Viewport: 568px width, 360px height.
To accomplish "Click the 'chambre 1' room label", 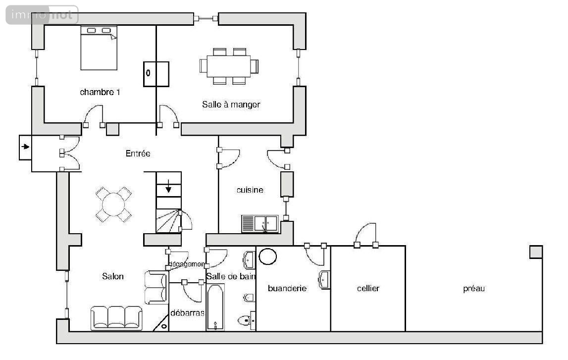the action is pyautogui.click(x=100, y=93).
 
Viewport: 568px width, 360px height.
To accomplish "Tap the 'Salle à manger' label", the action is pyautogui.click(x=231, y=104).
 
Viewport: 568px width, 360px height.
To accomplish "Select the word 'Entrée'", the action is pyautogui.click(x=138, y=154).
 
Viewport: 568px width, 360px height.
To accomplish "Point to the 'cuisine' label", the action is pyautogui.click(x=250, y=190).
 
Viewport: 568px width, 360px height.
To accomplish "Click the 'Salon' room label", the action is pyautogui.click(x=112, y=276).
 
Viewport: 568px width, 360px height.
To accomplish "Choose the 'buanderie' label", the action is pyautogui.click(x=287, y=288).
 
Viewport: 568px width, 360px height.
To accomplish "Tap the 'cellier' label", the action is pyautogui.click(x=368, y=288).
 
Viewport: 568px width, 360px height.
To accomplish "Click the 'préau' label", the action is pyautogui.click(x=474, y=289).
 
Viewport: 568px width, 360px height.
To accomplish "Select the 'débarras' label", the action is pyautogui.click(x=187, y=313).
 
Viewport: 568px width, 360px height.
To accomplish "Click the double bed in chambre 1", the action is pyautogui.click(x=99, y=48).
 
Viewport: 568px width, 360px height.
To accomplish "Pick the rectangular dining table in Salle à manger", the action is pyautogui.click(x=229, y=66).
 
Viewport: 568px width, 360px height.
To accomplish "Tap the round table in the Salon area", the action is pyautogui.click(x=113, y=205).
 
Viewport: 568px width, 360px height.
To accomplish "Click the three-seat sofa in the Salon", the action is pyautogui.click(x=116, y=318).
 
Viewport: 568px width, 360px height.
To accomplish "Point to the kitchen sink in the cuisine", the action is pyautogui.click(x=260, y=224).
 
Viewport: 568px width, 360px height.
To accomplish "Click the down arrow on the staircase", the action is pyautogui.click(x=168, y=186).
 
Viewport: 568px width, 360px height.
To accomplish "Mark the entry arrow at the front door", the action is pyautogui.click(x=25, y=147).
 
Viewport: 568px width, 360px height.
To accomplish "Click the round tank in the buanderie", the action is pyautogui.click(x=268, y=256).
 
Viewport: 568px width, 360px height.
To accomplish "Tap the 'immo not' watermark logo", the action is pyautogui.click(x=42, y=15).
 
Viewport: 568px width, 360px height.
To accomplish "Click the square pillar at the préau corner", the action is pyautogui.click(x=536, y=252).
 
